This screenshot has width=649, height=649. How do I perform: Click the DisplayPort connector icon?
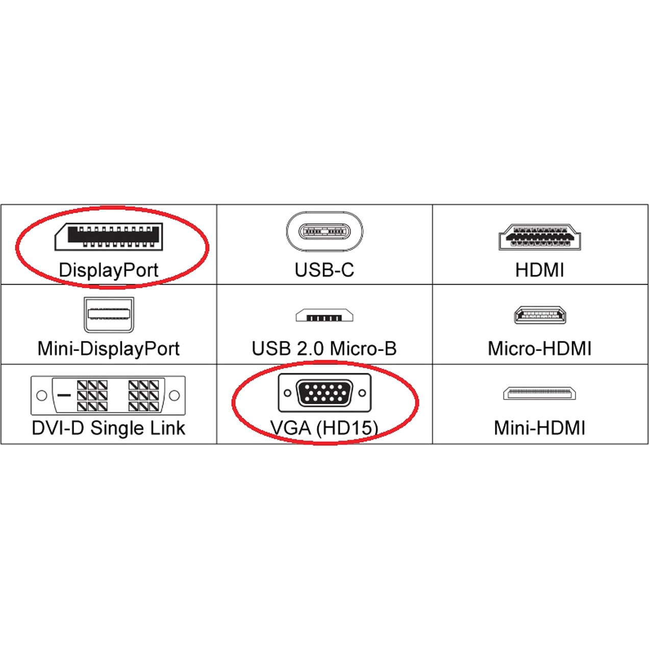(109, 237)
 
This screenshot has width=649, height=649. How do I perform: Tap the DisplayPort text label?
(109, 270)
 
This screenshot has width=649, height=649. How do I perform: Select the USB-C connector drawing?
(324, 232)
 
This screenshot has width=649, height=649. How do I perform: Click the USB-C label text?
(324, 270)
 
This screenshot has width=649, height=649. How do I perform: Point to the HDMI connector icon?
(540, 237)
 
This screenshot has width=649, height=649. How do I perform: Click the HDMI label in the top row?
(540, 270)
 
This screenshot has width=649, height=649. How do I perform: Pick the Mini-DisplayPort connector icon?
(109, 314)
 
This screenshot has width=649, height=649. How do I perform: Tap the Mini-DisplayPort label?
(109, 349)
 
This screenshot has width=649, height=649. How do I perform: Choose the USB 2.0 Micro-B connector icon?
(324, 315)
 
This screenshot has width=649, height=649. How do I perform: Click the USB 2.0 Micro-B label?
(324, 349)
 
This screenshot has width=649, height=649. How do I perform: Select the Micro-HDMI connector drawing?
(540, 315)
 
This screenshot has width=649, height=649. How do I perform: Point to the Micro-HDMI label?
(540, 349)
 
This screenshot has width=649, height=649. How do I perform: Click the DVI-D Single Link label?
(109, 428)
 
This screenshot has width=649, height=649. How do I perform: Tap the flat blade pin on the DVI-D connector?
(64, 395)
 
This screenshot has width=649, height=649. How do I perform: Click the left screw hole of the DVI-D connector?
(42, 395)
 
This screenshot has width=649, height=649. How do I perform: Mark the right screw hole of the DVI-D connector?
(174, 395)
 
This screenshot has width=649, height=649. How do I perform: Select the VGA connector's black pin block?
(324, 393)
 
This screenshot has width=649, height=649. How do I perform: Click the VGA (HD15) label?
(324, 428)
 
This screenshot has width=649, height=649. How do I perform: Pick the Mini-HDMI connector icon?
(540, 393)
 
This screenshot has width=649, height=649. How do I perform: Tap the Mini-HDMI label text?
(540, 428)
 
